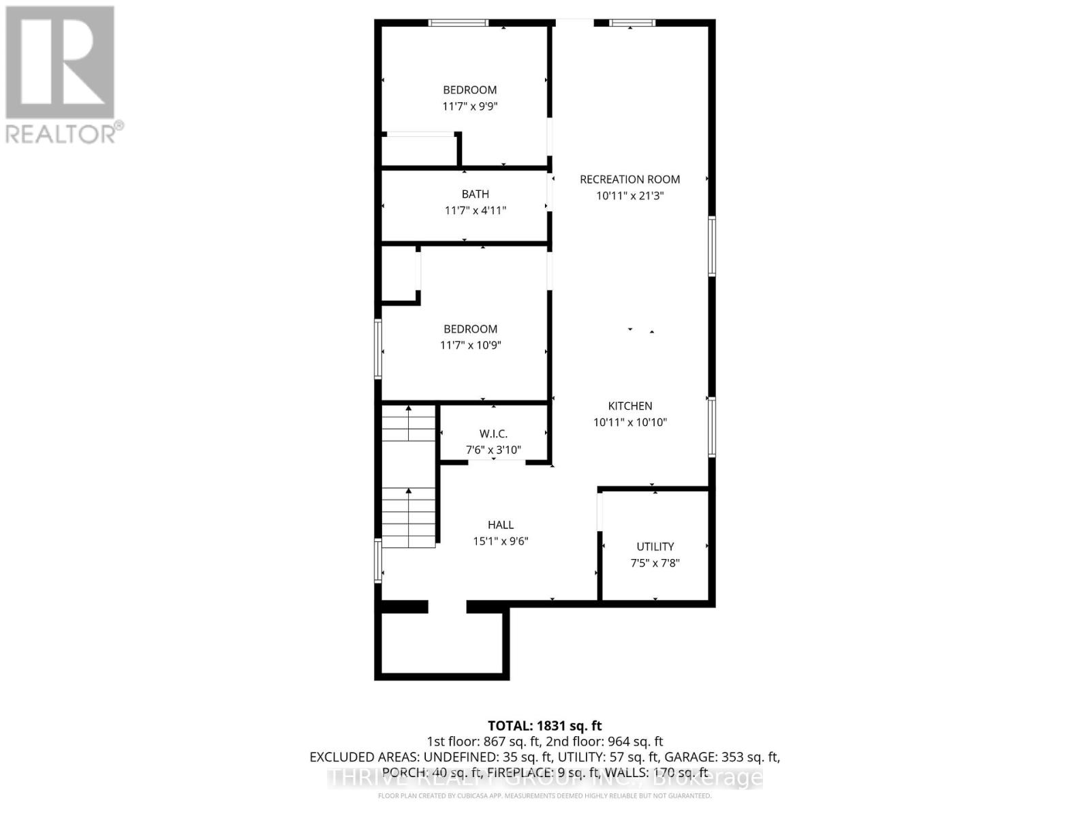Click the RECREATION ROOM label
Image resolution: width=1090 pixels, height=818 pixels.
point(629,179)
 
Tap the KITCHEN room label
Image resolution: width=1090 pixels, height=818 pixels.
point(629,406)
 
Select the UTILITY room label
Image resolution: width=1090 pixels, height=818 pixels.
point(655,547)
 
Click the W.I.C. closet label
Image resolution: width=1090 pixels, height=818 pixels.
point(493,434)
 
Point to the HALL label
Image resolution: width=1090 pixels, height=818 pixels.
point(500,525)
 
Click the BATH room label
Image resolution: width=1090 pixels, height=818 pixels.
point(475,194)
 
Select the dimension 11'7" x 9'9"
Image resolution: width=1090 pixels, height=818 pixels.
point(470,106)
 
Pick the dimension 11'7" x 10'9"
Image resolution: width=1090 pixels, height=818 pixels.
point(470,346)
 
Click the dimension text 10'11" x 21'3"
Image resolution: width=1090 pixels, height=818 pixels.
point(629,196)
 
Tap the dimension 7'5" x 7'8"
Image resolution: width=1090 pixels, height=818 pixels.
point(655,563)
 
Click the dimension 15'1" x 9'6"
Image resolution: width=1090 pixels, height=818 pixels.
point(500,541)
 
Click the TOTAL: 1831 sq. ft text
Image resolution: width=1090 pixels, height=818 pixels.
point(544,726)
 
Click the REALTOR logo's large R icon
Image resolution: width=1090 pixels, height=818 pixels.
point(60,62)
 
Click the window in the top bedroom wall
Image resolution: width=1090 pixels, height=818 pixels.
point(458,22)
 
